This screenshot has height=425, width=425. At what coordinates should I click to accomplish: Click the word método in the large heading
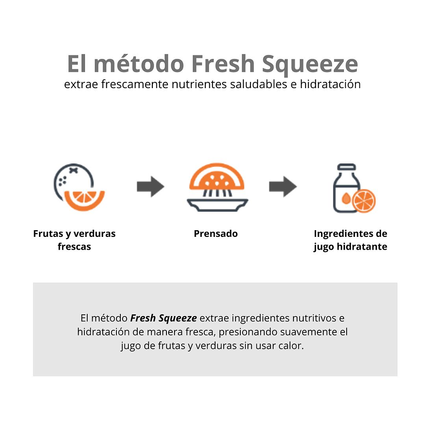click(139, 64)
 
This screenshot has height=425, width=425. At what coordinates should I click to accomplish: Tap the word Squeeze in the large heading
click(310, 66)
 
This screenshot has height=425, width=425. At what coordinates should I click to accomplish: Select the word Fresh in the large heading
click(223, 64)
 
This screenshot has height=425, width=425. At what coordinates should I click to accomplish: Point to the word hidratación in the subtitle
click(330, 84)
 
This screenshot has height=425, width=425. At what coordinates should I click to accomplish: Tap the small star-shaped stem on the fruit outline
click(73, 170)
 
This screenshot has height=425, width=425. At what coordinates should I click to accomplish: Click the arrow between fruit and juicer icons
click(151, 186)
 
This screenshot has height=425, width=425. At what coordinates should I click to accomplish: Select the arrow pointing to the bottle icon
click(283, 186)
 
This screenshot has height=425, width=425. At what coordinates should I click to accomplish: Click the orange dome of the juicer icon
click(216, 176)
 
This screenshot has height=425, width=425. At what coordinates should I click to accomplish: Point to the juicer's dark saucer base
click(217, 205)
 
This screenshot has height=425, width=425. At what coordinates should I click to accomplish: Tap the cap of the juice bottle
click(346, 167)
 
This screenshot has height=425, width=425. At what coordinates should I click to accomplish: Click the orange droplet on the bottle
click(346, 198)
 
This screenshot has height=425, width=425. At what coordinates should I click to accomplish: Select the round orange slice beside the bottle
click(364, 201)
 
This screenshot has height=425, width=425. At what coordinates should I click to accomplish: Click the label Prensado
click(216, 234)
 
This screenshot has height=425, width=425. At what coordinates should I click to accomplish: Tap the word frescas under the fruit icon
click(74, 247)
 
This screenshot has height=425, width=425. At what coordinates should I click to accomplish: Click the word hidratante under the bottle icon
click(362, 247)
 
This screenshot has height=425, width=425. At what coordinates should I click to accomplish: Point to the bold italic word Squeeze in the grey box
click(178, 318)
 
